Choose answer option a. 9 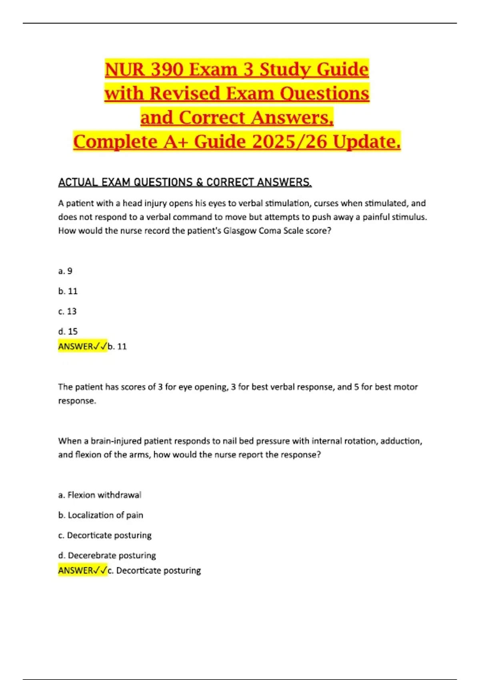pyautogui.click(x=65, y=271)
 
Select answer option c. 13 pyautogui.click(x=67, y=311)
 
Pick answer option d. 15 pyautogui.click(x=68, y=331)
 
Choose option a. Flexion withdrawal pyautogui.click(x=100, y=495)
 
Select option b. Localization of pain pyautogui.click(x=100, y=515)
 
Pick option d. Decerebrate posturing pyautogui.click(x=107, y=555)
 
